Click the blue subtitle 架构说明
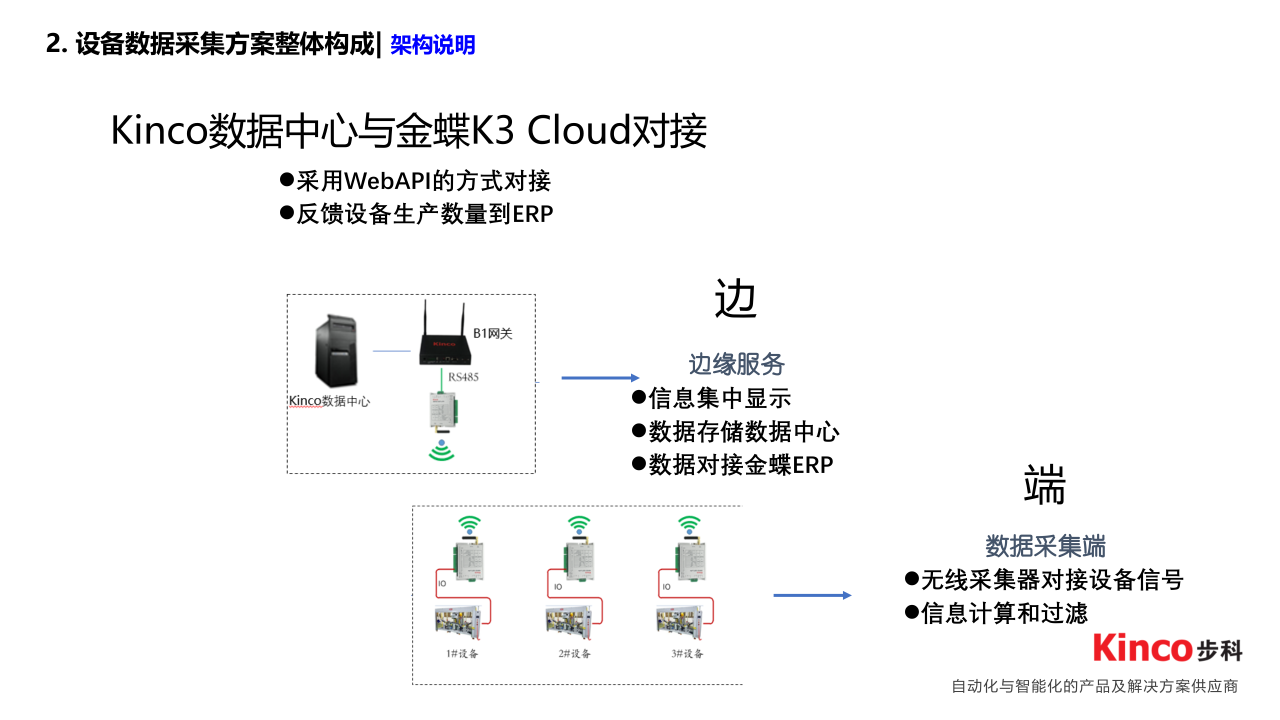[432, 45]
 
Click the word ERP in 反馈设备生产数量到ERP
[533, 214]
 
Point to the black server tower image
[336, 350]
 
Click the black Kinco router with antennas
[444, 340]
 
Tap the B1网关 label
[492, 333]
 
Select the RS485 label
[463, 377]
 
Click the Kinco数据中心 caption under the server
[329, 401]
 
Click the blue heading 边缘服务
[736, 364]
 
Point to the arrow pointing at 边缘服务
[600, 378]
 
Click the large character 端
[1044, 485]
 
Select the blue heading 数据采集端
[1045, 546]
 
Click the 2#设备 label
[574, 653]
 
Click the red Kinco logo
[1142, 648]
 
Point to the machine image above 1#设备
[458, 622]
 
